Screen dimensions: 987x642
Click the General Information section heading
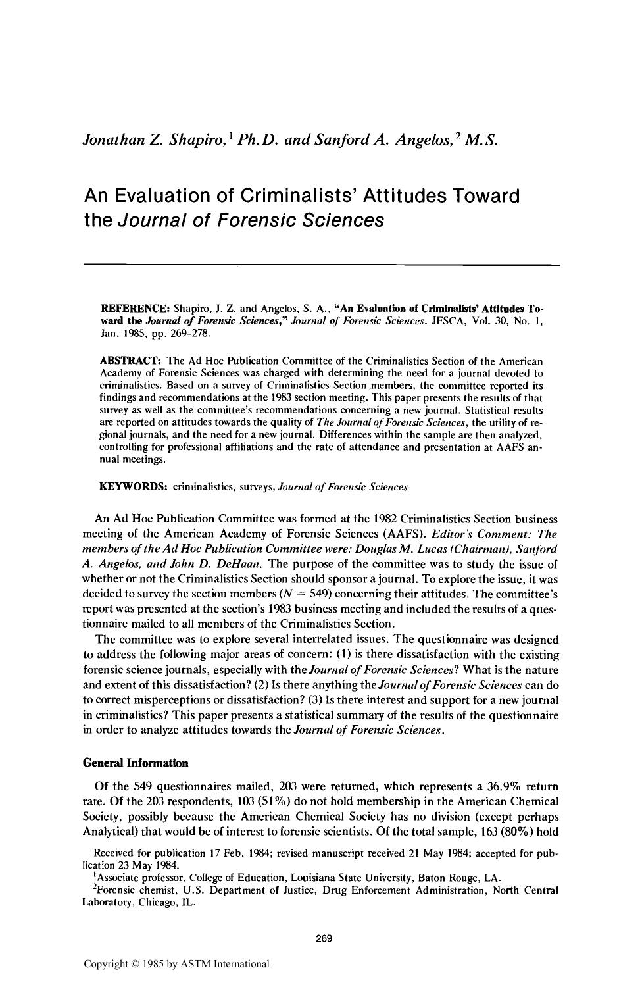click(136, 763)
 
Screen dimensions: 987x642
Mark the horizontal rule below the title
click(321, 265)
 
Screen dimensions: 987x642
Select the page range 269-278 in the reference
click(167, 334)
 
